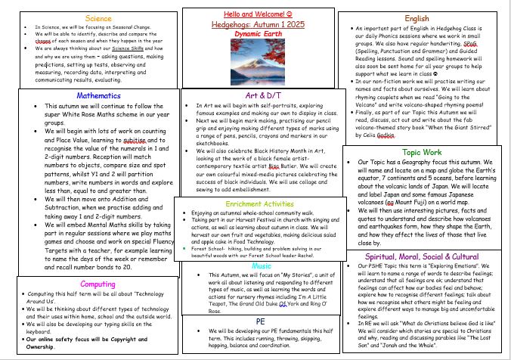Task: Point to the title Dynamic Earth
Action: [255, 34]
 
